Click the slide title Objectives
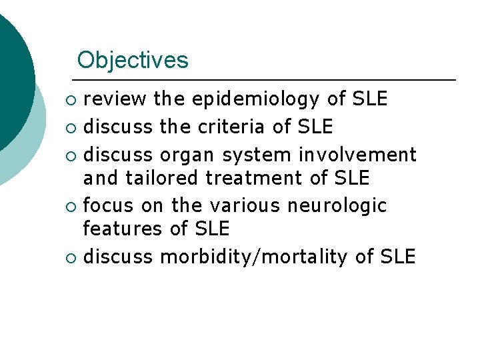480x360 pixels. [x=133, y=60]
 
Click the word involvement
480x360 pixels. [x=357, y=155]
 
